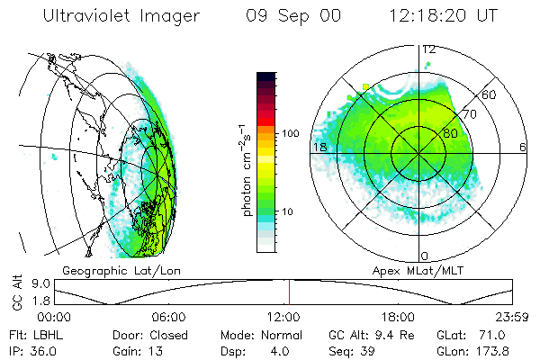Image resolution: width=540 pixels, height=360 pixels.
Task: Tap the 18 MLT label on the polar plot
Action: [318, 147]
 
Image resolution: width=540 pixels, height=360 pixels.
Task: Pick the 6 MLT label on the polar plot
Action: [524, 147]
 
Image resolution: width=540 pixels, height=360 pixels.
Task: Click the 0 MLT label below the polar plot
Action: [424, 256]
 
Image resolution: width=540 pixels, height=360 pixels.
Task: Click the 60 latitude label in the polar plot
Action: [490, 94]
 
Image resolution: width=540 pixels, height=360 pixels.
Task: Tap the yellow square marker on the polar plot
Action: [365, 86]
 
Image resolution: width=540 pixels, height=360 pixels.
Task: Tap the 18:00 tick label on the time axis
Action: [398, 318]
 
